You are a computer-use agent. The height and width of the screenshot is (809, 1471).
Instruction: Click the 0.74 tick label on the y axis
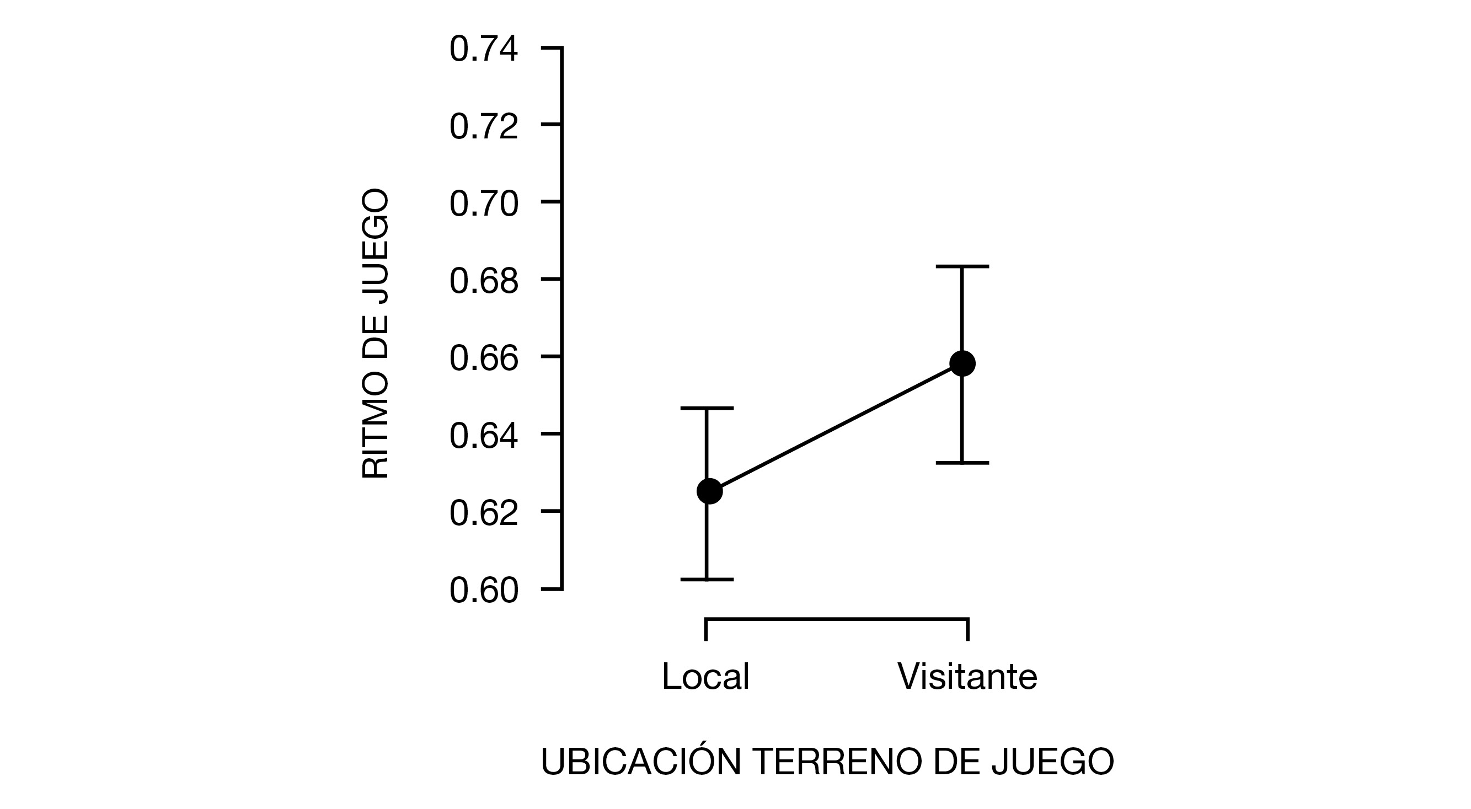(484, 49)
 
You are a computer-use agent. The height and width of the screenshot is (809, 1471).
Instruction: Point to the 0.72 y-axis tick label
(484, 126)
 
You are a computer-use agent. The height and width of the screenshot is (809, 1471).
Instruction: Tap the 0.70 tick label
(484, 204)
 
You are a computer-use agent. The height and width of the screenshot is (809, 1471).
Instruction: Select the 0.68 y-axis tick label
(484, 281)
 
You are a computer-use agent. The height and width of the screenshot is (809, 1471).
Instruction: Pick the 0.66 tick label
(484, 358)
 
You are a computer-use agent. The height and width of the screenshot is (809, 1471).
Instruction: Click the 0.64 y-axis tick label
(484, 436)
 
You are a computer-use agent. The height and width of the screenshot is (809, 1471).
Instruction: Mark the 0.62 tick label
(484, 513)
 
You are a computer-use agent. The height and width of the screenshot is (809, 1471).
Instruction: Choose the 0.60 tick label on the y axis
(484, 590)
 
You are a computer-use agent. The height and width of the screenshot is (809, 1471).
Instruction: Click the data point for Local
(709, 491)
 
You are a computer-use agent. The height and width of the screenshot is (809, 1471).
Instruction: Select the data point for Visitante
(962, 363)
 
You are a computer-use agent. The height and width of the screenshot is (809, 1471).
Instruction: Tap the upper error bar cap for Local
(707, 408)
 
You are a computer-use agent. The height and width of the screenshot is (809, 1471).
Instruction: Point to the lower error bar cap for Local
(707, 580)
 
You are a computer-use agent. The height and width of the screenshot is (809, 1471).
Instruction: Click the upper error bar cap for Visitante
(962, 266)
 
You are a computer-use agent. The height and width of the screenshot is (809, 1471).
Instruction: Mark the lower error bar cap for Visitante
(962, 463)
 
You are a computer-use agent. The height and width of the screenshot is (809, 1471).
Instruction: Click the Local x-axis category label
(705, 677)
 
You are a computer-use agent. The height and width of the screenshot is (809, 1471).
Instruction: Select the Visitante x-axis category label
(967, 677)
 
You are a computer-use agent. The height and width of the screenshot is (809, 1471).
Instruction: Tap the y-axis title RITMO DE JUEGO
(376, 334)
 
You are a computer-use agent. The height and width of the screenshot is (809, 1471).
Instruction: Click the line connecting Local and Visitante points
(836, 427)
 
